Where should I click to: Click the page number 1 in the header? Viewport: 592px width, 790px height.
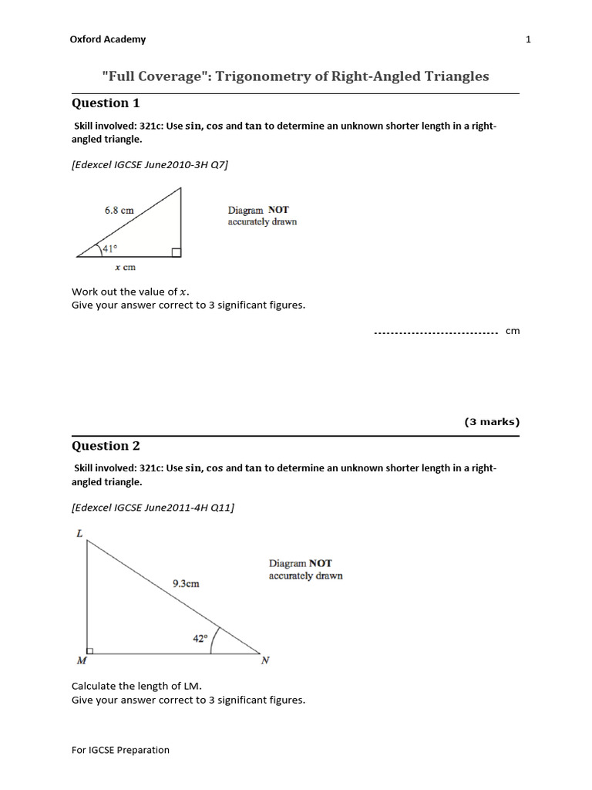(x=529, y=39)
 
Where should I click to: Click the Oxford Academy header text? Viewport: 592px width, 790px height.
(x=108, y=39)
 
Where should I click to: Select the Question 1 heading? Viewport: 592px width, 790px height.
(x=106, y=103)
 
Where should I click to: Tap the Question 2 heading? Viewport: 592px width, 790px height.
(x=106, y=446)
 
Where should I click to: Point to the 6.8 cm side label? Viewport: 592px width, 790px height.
(x=119, y=209)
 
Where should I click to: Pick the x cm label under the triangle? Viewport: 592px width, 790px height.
(x=125, y=268)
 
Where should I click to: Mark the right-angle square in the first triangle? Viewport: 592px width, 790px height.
(x=177, y=252)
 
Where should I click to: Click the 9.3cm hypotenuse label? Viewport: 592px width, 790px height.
(x=186, y=583)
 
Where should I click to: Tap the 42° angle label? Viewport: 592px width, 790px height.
(x=200, y=638)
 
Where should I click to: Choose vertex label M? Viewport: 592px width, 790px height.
(x=82, y=661)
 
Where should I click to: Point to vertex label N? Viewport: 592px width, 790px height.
(x=265, y=661)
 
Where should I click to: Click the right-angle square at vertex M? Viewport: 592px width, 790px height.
(x=91, y=650)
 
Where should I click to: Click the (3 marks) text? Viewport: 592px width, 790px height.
(x=492, y=422)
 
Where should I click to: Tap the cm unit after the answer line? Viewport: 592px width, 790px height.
(x=513, y=331)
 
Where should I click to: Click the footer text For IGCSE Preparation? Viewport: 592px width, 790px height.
(x=120, y=750)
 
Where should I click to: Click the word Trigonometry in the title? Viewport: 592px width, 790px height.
(x=264, y=76)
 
